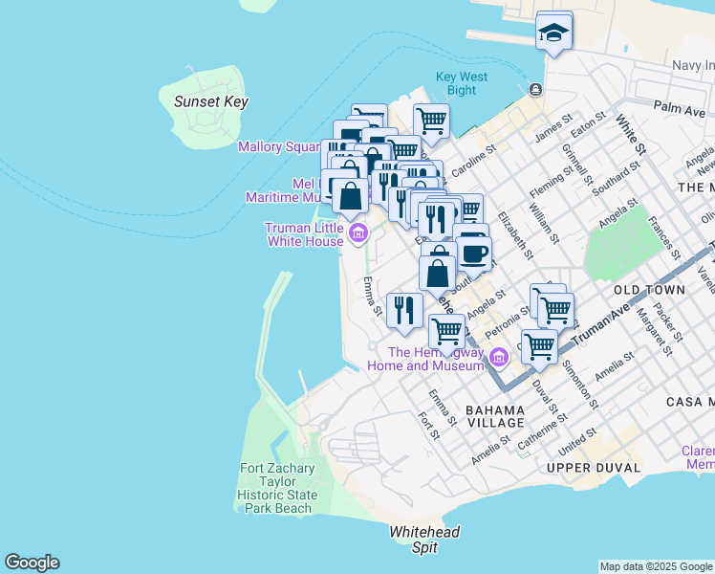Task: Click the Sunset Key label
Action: pyautogui.click(x=210, y=101)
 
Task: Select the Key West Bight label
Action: pyautogui.click(x=461, y=83)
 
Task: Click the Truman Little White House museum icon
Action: pyautogui.click(x=358, y=232)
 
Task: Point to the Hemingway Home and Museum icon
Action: pyautogui.click(x=498, y=358)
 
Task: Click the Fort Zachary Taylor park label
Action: pyautogui.click(x=276, y=488)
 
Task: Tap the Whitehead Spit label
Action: pyautogui.click(x=424, y=540)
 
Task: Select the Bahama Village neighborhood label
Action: pyautogui.click(x=495, y=416)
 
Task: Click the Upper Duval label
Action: pyautogui.click(x=584, y=467)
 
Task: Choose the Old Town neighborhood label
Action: pyautogui.click(x=649, y=289)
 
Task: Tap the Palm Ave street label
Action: pyautogui.click(x=679, y=110)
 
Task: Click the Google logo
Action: pyautogui.click(x=32, y=563)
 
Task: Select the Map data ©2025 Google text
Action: pyautogui.click(x=656, y=566)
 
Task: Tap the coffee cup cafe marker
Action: pyautogui.click(x=474, y=255)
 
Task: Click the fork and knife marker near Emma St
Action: pyautogui.click(x=403, y=310)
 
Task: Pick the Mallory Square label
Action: pyautogui.click(x=278, y=146)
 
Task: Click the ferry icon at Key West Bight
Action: pyautogui.click(x=535, y=90)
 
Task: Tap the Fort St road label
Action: pyautogui.click(x=428, y=427)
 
